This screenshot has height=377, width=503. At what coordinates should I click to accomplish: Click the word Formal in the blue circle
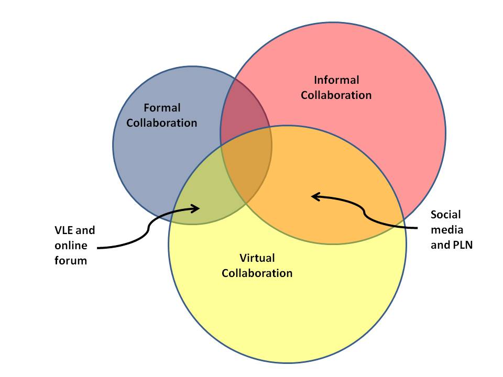pyautogui.click(x=161, y=108)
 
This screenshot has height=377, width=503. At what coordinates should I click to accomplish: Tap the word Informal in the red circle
pyautogui.click(x=336, y=80)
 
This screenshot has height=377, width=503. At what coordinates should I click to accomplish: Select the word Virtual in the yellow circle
pyautogui.click(x=257, y=258)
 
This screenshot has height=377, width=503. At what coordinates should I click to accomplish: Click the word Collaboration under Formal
pyautogui.click(x=161, y=123)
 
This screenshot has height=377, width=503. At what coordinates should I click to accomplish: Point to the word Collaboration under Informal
pyautogui.click(x=336, y=95)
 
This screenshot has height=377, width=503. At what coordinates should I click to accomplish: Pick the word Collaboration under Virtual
pyautogui.click(x=257, y=273)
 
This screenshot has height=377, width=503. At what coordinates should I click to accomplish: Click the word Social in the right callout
pyautogui.click(x=445, y=214)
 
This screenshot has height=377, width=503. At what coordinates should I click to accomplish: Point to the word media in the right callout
pyautogui.click(x=444, y=229)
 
